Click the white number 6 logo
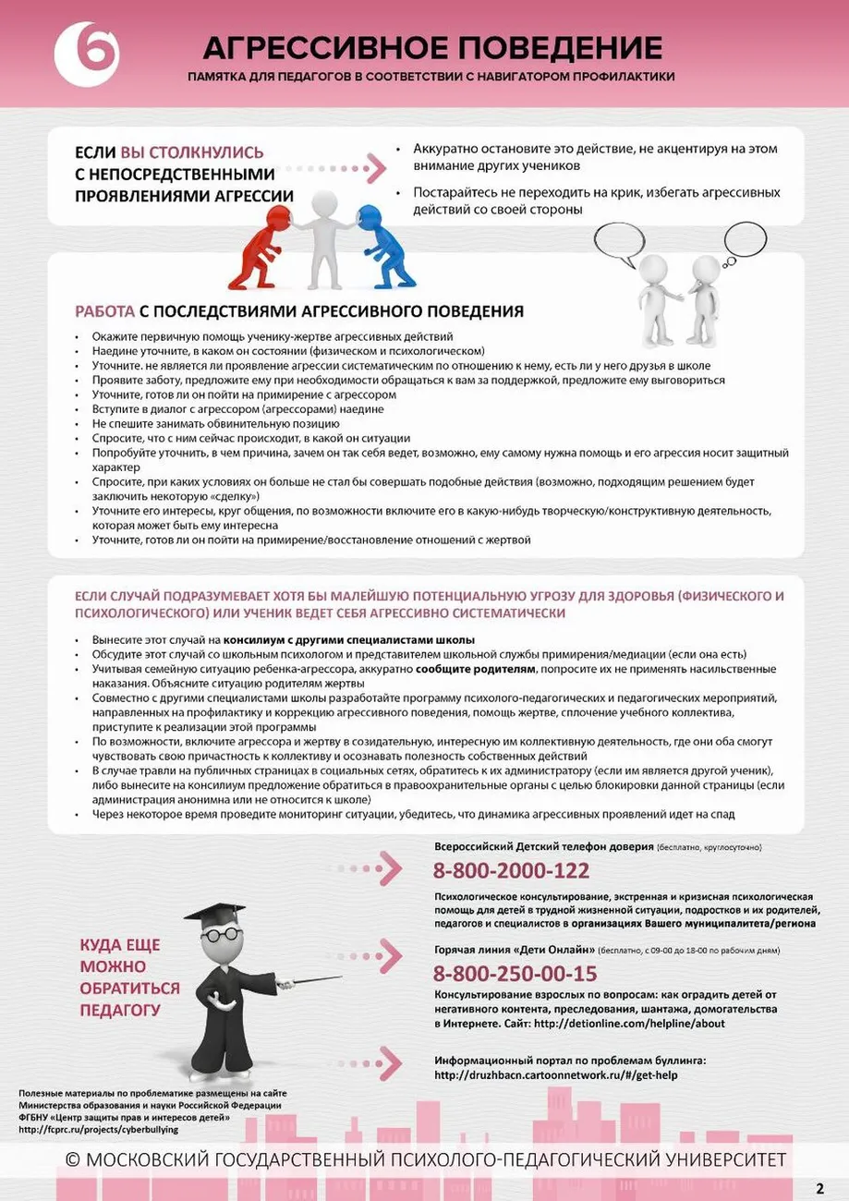pos(86,54)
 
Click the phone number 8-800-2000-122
pos(511,870)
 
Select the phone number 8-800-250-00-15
pos(515,973)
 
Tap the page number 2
pos(819,1187)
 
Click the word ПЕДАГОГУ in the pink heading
pos(120,1010)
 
